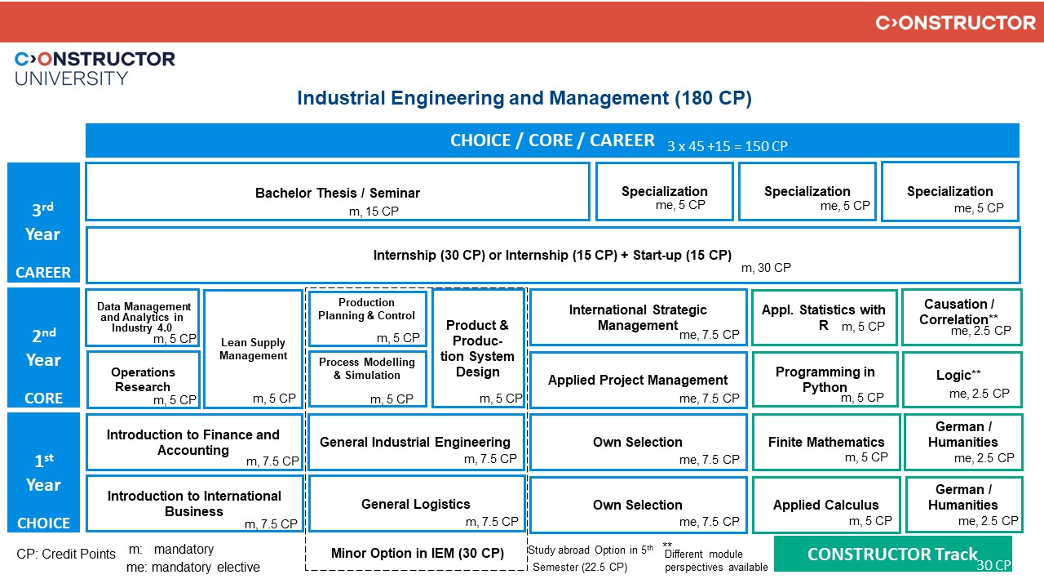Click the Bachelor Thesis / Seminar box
(x=337, y=193)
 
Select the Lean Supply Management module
(x=253, y=350)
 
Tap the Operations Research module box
(x=143, y=379)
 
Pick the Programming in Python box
(x=825, y=379)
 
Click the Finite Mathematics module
(x=826, y=442)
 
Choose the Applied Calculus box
(x=826, y=505)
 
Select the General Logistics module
(x=416, y=504)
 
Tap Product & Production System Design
(x=477, y=349)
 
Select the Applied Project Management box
(x=638, y=380)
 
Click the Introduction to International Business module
(x=194, y=503)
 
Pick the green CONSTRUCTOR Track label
(x=892, y=554)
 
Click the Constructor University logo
(x=95, y=68)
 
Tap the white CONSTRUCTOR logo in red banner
(x=955, y=22)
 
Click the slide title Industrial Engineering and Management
(x=524, y=99)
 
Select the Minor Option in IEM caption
(x=417, y=553)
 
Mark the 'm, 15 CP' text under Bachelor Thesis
(x=374, y=212)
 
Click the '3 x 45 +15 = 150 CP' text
(x=727, y=146)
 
